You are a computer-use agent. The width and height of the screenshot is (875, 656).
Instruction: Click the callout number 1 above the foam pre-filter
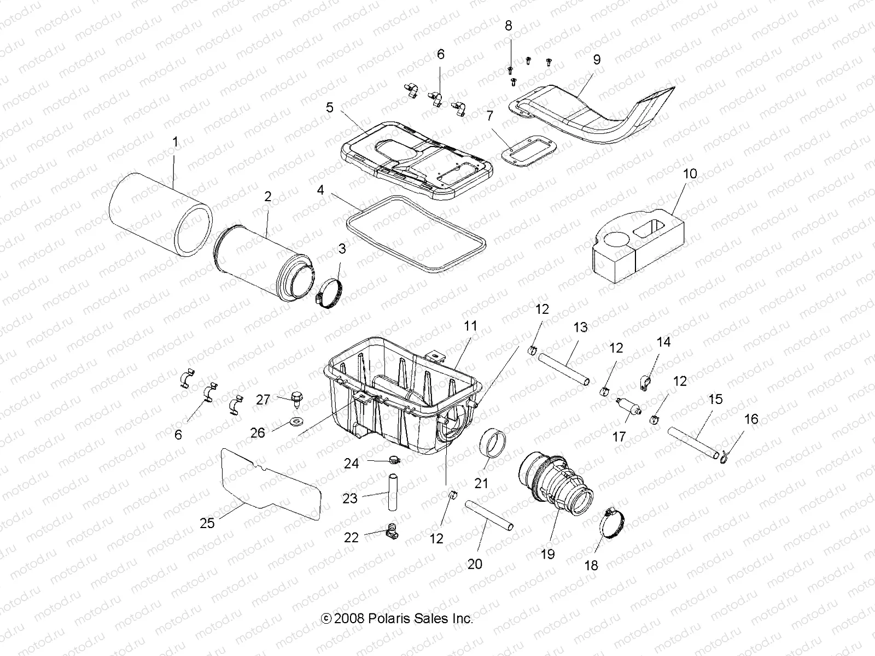(175, 127)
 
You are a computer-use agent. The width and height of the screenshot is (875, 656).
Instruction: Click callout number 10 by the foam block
(690, 174)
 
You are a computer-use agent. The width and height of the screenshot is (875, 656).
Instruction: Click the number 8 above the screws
(509, 26)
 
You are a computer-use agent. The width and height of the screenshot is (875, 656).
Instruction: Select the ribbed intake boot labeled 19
(555, 479)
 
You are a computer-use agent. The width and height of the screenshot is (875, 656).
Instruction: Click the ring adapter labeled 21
(491, 448)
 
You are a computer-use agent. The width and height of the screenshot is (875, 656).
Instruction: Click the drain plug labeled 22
(392, 529)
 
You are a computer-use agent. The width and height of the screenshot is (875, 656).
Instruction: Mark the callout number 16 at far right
(751, 419)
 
